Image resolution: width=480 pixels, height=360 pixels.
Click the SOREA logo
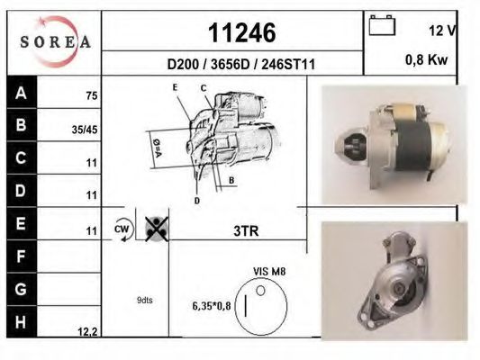55,41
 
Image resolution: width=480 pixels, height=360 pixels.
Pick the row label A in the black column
20,93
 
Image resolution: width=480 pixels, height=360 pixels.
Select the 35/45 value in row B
85,130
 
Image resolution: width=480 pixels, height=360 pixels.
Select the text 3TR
246,230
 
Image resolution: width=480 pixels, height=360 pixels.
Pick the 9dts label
145,301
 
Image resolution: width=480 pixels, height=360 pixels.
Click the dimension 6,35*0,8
211,307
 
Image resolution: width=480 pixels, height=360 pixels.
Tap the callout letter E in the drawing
176,87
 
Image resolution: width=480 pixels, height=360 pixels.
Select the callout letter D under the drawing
196,200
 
